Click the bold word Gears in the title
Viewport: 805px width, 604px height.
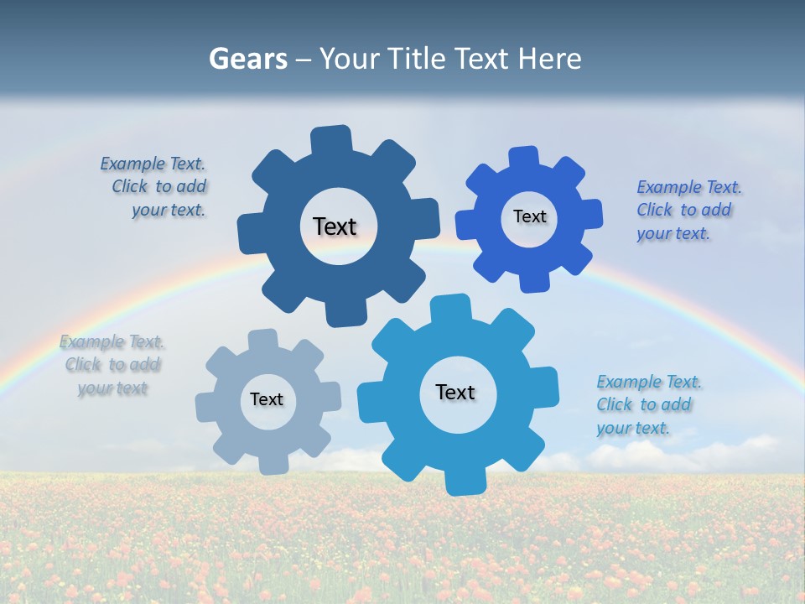pos(247,59)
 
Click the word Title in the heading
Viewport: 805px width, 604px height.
pos(416,59)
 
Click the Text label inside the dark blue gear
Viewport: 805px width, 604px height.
pos(335,226)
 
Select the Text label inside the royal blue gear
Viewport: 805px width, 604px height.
pos(529,216)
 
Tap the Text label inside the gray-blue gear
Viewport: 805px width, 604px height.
pos(267,399)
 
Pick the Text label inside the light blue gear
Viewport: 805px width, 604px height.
pos(455,392)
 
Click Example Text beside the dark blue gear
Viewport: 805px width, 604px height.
pos(153,164)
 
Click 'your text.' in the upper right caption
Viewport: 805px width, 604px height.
pos(673,234)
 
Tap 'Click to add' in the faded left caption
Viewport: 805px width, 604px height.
pos(112,365)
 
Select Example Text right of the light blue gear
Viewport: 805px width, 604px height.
pos(649,383)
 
